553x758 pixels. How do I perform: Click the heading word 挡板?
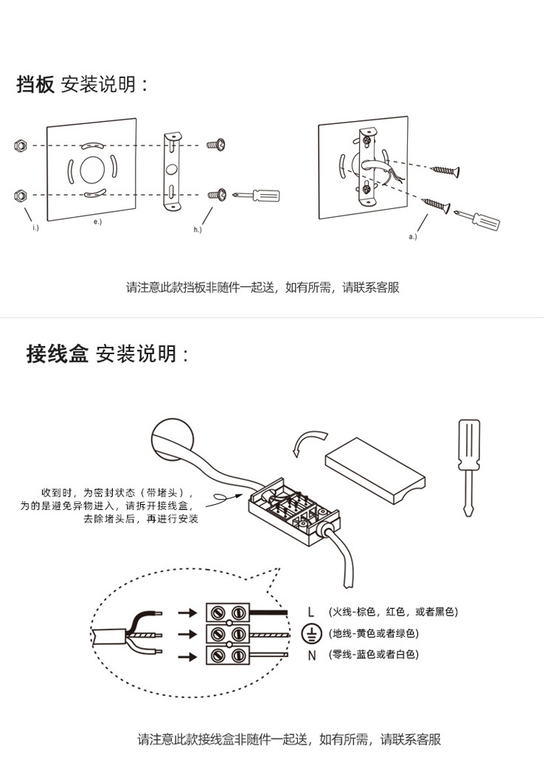click(35, 85)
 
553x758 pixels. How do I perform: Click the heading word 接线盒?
click(57, 354)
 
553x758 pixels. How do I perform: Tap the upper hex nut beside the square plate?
click(21, 145)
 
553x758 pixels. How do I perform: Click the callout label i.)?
click(35, 227)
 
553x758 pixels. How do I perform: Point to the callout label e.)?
click(97, 221)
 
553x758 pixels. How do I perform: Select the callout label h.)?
click(198, 230)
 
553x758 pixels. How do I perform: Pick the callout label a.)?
click(412, 237)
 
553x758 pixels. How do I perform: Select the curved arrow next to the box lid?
click(305, 443)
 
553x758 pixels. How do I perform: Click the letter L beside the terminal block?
click(311, 612)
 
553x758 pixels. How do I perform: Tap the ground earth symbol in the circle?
click(312, 633)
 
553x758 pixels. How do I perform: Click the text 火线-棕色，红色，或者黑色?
click(394, 612)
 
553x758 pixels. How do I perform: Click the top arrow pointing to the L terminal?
click(189, 612)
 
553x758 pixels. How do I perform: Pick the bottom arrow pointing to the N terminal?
click(189, 655)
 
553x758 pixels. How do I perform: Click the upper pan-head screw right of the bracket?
click(216, 145)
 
